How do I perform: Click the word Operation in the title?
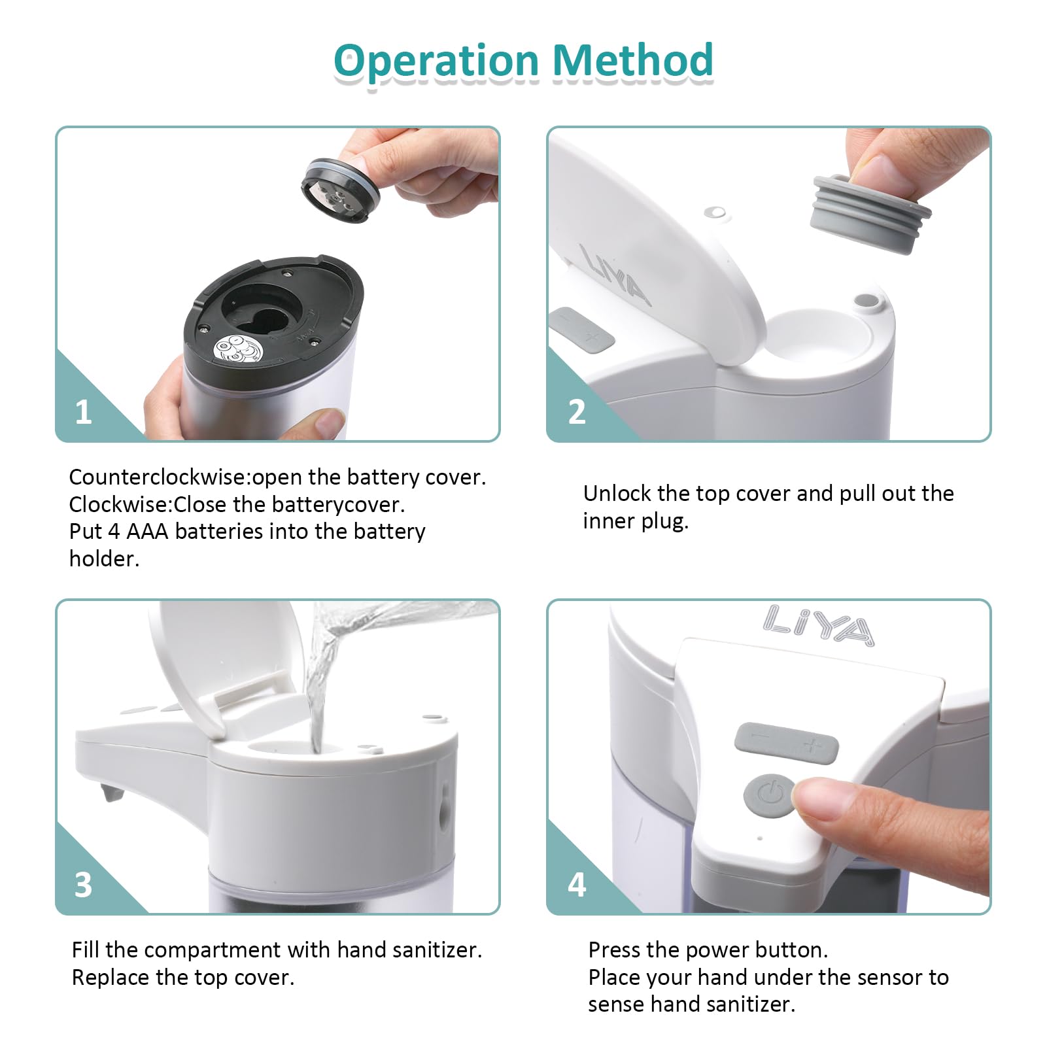[x=437, y=61]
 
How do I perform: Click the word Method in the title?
[x=633, y=60]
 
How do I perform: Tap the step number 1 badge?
[x=83, y=413]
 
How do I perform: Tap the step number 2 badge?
[x=576, y=413]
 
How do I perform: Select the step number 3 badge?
[x=83, y=885]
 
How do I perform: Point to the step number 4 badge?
[x=577, y=885]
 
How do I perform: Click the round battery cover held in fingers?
[x=340, y=190]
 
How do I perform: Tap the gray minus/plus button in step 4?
[x=786, y=743]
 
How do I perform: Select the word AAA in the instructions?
[x=147, y=532]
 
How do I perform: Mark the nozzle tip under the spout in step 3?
[x=112, y=793]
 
